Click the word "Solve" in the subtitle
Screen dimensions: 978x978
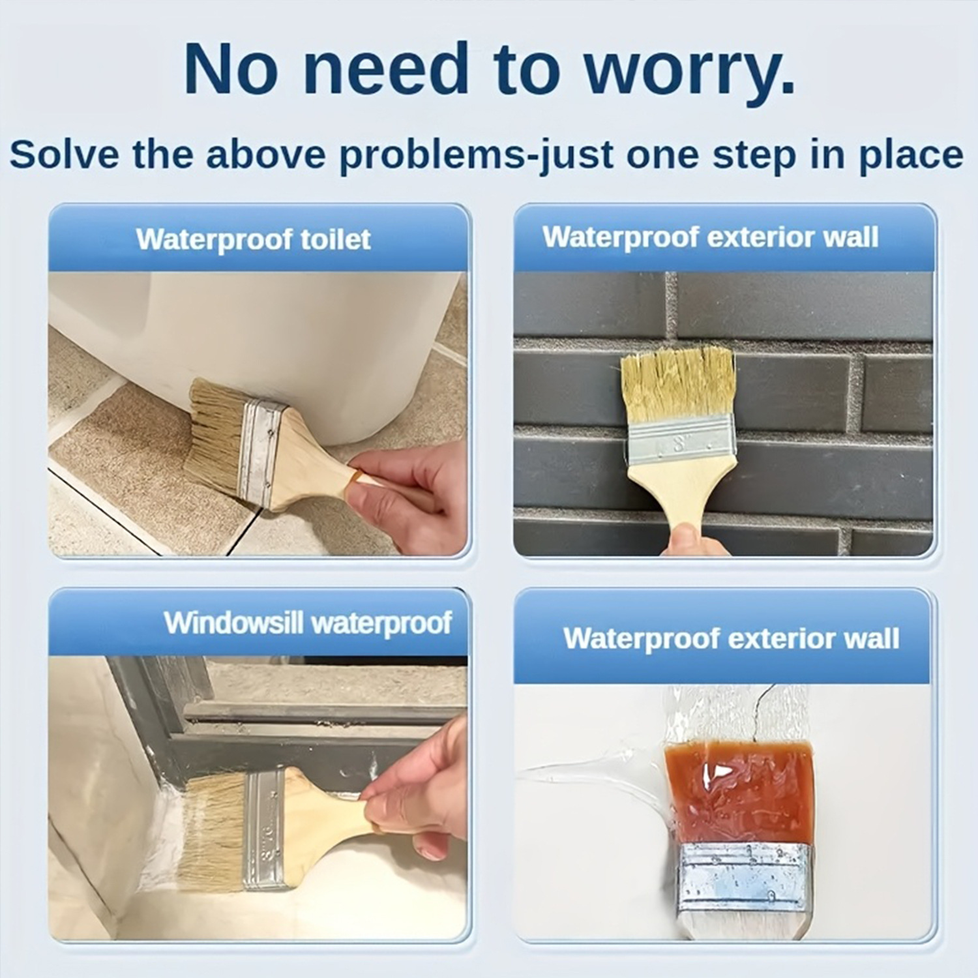coord(65,155)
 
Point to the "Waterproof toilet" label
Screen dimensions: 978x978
coord(253,240)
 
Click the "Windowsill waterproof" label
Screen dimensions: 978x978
coord(307,623)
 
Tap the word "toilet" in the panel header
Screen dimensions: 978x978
coord(335,239)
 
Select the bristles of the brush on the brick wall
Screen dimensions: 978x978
coord(678,381)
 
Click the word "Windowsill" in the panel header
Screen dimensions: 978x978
coord(233,623)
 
